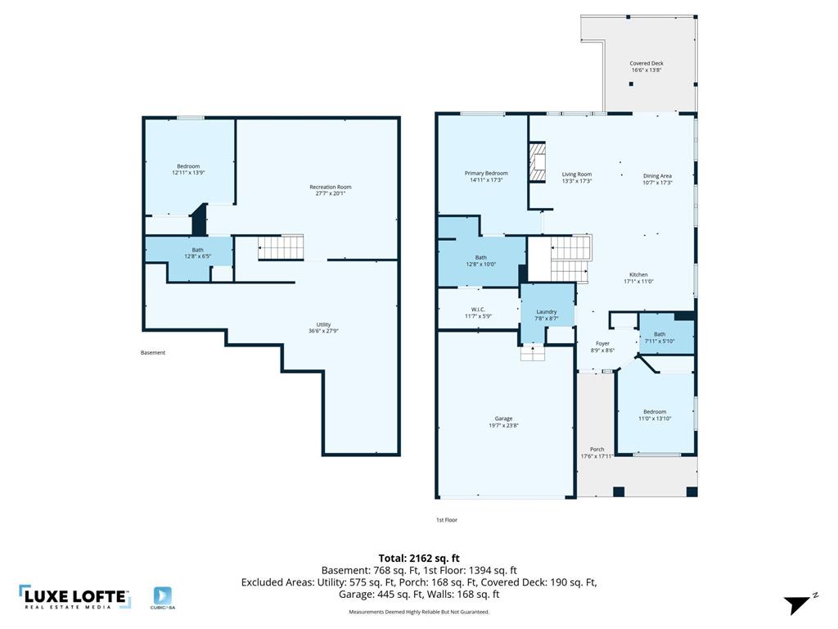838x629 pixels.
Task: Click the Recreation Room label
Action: pyautogui.click(x=331, y=188)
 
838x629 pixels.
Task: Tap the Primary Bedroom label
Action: pyautogui.click(x=486, y=174)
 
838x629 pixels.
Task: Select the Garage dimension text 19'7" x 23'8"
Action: pyautogui.click(x=503, y=426)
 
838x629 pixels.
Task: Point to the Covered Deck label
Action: pyautogui.click(x=647, y=63)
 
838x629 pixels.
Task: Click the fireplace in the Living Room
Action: pyautogui.click(x=538, y=163)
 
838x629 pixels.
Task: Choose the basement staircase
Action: pyautogui.click(x=281, y=247)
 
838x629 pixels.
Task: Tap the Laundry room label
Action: pyautogui.click(x=546, y=312)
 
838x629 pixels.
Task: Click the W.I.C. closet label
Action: pyautogui.click(x=478, y=310)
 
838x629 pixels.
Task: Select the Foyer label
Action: pyautogui.click(x=602, y=344)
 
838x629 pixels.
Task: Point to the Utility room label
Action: pyautogui.click(x=323, y=324)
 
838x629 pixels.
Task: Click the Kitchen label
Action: pyautogui.click(x=638, y=275)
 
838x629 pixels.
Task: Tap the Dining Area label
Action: pyautogui.click(x=657, y=176)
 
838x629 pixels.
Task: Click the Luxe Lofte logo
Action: pyautogui.click(x=74, y=597)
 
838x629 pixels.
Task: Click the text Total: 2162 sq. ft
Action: pyautogui.click(x=419, y=559)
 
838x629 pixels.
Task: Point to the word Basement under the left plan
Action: pyautogui.click(x=153, y=352)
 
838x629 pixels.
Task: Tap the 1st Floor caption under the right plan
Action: pyautogui.click(x=447, y=520)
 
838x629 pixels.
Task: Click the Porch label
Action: pyautogui.click(x=597, y=450)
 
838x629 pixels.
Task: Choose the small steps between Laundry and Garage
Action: pyautogui.click(x=532, y=354)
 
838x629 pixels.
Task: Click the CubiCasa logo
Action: pyautogui.click(x=163, y=598)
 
